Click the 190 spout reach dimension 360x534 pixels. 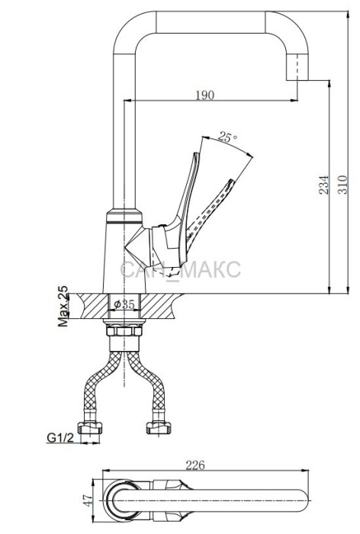[x=205, y=95]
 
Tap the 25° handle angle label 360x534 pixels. [x=227, y=137]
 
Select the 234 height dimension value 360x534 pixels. [x=324, y=185]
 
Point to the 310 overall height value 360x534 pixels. [x=342, y=185]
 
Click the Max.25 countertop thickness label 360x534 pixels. [x=63, y=306]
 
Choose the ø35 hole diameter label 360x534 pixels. [x=124, y=304]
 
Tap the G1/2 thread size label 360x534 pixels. [x=60, y=437]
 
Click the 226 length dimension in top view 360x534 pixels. [x=195, y=465]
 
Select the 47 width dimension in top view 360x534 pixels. [x=88, y=500]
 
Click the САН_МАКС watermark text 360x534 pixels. [x=180, y=269]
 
